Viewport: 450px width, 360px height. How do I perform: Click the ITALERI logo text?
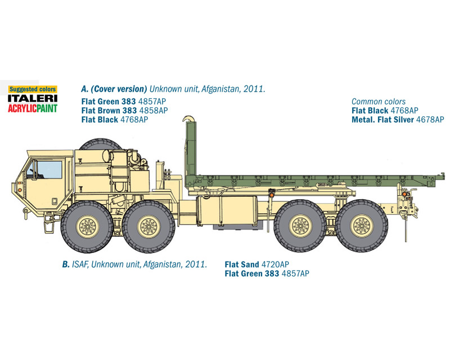click(33, 98)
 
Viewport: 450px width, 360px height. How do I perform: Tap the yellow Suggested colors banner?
click(33, 89)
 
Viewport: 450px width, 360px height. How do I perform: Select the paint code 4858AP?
click(154, 110)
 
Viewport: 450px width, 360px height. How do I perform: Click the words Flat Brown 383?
click(109, 110)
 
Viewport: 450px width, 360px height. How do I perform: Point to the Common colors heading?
click(379, 102)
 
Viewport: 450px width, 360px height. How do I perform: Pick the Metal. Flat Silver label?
click(382, 119)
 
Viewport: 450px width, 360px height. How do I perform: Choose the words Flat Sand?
click(242, 264)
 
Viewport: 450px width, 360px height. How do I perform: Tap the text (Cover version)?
click(119, 89)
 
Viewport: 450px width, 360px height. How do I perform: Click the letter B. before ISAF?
click(66, 264)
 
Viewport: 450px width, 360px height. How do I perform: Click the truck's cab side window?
click(49, 170)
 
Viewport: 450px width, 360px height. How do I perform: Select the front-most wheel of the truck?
click(87, 227)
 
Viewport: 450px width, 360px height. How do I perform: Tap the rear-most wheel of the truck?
click(362, 226)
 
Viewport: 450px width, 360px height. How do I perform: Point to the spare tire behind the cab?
click(101, 143)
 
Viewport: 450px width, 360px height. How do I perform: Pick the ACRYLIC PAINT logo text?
click(33, 108)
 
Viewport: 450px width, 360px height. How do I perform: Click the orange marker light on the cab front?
click(20, 190)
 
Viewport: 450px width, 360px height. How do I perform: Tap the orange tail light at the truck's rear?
click(404, 195)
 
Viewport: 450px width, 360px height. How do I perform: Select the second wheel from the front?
click(148, 227)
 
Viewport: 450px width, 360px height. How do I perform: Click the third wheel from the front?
click(300, 226)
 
